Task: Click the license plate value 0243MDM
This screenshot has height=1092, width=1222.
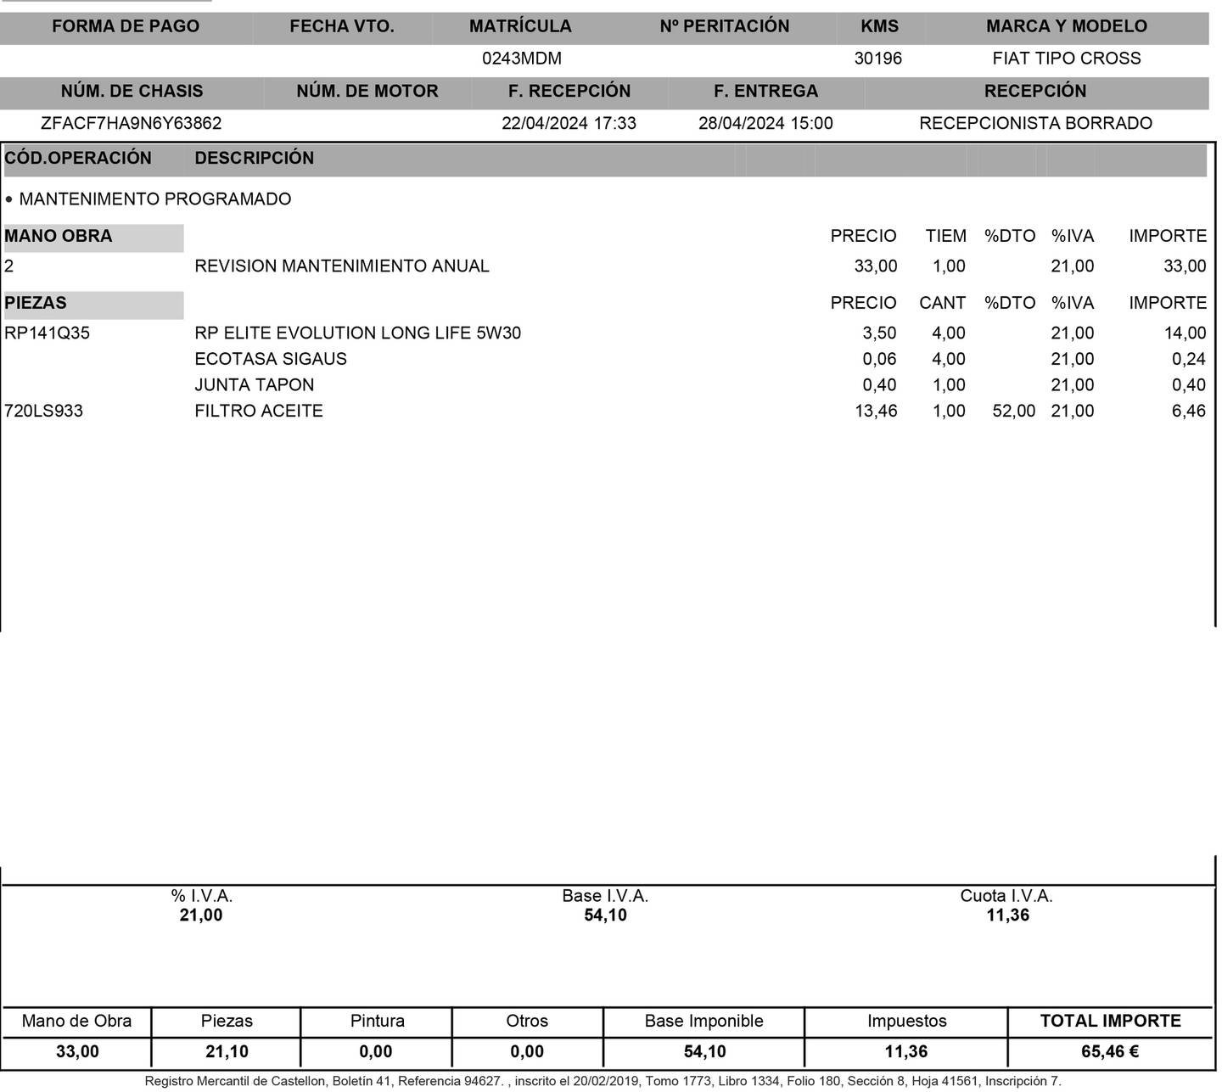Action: click(521, 59)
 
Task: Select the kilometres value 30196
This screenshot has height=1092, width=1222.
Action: click(877, 59)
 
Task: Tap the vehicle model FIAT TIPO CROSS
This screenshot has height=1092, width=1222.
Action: click(1066, 59)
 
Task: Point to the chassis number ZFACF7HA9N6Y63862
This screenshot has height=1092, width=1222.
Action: click(131, 123)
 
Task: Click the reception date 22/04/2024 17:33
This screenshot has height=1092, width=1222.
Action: click(569, 123)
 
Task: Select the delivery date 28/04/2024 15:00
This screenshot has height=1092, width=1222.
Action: click(765, 123)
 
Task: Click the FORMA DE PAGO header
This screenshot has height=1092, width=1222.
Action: click(126, 26)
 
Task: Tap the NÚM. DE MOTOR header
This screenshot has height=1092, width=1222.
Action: click(367, 91)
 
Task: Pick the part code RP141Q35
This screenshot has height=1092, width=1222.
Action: click(47, 333)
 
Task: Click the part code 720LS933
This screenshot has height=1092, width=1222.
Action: click(44, 411)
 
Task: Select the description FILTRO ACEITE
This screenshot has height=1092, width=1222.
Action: click(259, 411)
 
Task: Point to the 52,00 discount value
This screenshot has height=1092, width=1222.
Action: click(1014, 411)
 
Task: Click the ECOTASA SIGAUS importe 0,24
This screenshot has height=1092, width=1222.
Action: click(1188, 359)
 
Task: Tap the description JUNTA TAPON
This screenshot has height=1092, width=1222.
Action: click(254, 384)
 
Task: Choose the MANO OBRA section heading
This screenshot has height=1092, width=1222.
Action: click(59, 236)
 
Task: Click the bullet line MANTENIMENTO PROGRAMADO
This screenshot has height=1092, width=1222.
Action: click(154, 199)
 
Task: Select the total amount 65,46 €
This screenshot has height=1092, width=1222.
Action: click(1109, 1051)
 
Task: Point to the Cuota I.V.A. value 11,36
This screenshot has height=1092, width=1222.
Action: click(1007, 915)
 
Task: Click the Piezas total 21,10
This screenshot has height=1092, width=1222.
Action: click(227, 1051)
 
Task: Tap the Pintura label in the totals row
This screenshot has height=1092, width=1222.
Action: click(377, 1021)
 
